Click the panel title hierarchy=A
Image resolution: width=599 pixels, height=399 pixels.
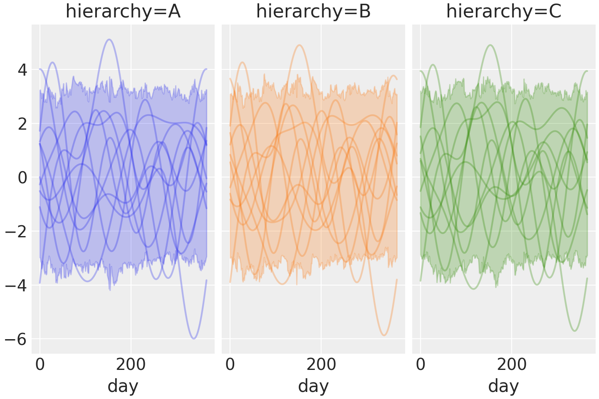point(123,12)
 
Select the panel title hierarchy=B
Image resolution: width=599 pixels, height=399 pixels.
point(313,12)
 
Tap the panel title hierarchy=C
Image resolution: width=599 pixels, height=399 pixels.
point(504,12)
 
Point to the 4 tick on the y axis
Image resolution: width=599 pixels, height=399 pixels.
point(22,70)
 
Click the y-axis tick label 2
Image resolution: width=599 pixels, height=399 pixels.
point(22,124)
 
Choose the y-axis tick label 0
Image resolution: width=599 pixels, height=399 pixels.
point(22,178)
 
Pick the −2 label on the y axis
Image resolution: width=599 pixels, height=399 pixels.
point(16,232)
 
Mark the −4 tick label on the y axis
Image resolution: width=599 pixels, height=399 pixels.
point(16,286)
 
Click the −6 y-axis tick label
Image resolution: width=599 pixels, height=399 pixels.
point(16,340)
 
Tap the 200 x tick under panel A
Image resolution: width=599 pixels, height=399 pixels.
point(131,364)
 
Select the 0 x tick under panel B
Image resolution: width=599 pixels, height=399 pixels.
point(230,364)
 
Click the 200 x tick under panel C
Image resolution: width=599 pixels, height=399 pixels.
point(512,364)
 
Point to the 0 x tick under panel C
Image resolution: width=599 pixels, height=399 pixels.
point(421,364)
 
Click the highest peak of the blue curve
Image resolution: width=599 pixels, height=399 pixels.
point(109,39)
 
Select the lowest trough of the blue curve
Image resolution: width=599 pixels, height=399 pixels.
point(194,339)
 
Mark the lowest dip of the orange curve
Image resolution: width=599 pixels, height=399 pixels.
point(384,335)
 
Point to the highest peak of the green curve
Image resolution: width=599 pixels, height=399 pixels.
point(490,45)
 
